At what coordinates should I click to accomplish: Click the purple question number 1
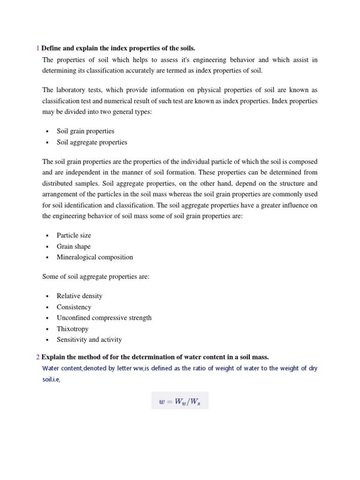[38, 48]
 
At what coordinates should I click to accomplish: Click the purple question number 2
[38, 357]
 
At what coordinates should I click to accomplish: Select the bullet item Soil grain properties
[85, 131]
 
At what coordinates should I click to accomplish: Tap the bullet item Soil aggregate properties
[92, 142]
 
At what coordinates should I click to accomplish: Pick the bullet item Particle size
[74, 235]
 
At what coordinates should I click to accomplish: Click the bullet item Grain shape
[74, 246]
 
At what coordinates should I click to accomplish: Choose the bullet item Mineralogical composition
[95, 257]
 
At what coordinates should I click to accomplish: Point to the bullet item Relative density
[79, 296]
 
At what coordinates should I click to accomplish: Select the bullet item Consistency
[74, 307]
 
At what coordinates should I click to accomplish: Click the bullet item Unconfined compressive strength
[104, 318]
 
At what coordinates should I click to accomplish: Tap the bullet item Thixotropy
[73, 329]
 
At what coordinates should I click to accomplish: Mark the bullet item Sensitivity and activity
[89, 339]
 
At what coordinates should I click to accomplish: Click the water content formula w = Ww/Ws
[180, 401]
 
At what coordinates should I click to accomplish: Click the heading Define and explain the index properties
[118, 48]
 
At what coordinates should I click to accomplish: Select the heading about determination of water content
[155, 357]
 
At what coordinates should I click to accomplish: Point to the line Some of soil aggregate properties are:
[96, 277]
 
